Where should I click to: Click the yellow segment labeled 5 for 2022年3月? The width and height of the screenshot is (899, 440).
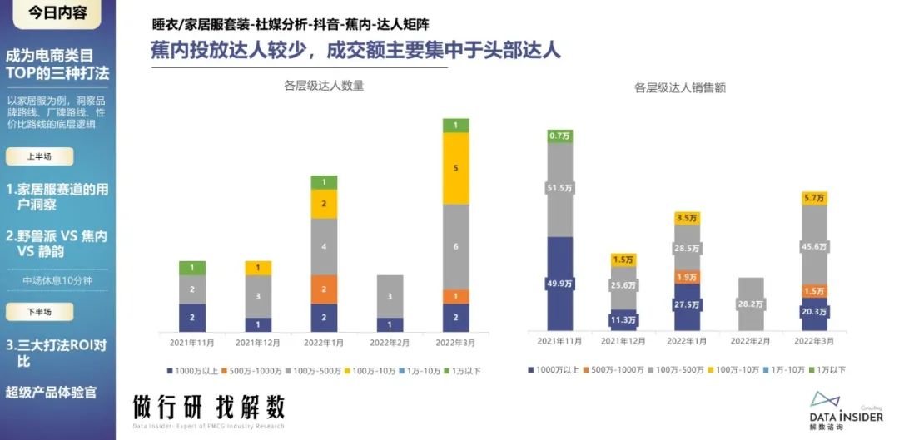click(455, 168)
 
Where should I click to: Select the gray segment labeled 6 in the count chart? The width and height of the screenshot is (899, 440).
click(455, 246)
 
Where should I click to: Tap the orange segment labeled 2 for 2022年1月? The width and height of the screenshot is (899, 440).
click(324, 289)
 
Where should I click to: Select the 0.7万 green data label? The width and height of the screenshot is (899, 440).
click(560, 135)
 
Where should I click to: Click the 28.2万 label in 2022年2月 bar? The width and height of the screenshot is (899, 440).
click(751, 304)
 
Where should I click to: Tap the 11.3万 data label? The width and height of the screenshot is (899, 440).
click(623, 318)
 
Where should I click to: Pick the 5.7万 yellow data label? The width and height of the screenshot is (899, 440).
click(814, 198)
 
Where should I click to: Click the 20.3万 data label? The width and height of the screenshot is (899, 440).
click(814, 312)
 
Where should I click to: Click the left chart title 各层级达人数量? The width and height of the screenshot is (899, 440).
click(324, 85)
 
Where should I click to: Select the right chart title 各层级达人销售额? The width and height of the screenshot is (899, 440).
click(680, 87)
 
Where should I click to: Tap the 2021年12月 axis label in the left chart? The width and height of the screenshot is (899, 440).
click(258, 342)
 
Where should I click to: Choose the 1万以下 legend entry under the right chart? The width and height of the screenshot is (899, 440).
click(827, 369)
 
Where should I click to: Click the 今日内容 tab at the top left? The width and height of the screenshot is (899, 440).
click(56, 12)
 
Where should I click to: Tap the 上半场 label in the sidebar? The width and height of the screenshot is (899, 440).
click(39, 156)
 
